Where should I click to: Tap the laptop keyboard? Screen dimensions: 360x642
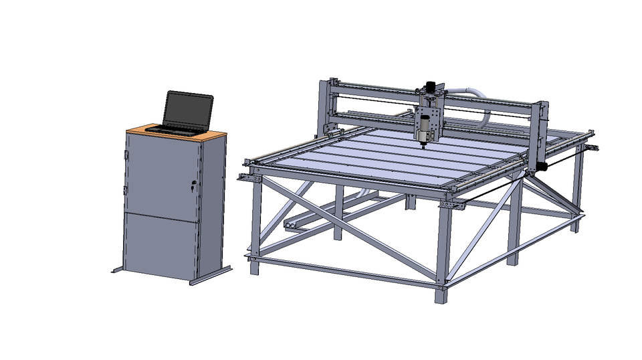pos(175,128)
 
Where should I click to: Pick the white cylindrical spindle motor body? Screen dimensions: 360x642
pos(424,127)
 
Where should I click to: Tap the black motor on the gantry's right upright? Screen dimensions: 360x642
pos(542,165)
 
